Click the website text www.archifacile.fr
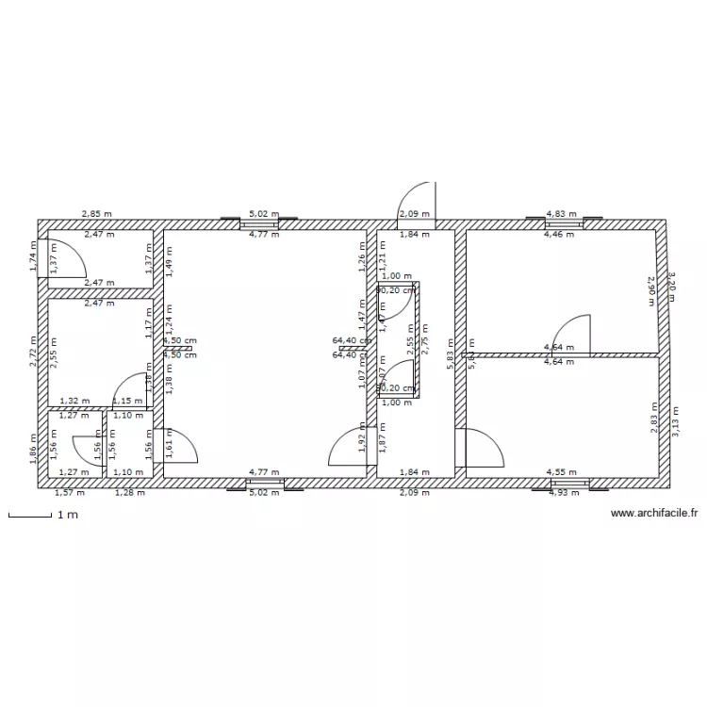654,514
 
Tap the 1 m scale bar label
65,516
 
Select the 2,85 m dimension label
96,214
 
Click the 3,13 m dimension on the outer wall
675,420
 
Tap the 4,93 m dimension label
564,492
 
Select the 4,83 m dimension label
563,214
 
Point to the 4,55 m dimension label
563,472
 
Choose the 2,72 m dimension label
33,352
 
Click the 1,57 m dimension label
69,492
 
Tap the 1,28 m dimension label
131,492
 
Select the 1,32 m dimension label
74,401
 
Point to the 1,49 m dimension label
170,259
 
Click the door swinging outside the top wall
417,201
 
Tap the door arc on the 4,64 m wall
571,335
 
